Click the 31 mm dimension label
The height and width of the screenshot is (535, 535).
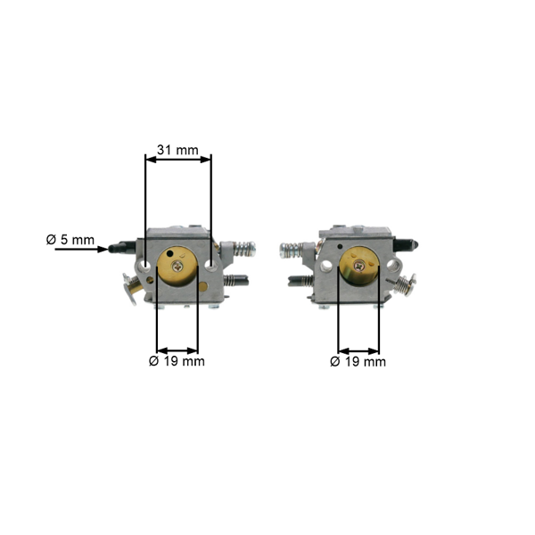[177, 150]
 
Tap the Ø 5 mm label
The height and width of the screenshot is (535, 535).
[70, 240]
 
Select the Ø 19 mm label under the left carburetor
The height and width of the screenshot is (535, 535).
[177, 361]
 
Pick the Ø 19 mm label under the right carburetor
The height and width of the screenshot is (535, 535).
[358, 362]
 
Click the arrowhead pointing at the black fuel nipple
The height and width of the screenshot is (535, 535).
[103, 250]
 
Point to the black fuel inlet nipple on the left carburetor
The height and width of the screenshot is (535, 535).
[122, 246]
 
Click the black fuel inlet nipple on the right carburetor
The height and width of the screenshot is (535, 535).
[407, 244]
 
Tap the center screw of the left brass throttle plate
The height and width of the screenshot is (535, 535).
[177, 266]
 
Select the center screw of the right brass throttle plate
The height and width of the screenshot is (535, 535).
[358, 266]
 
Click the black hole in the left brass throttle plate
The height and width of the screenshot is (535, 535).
[169, 253]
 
